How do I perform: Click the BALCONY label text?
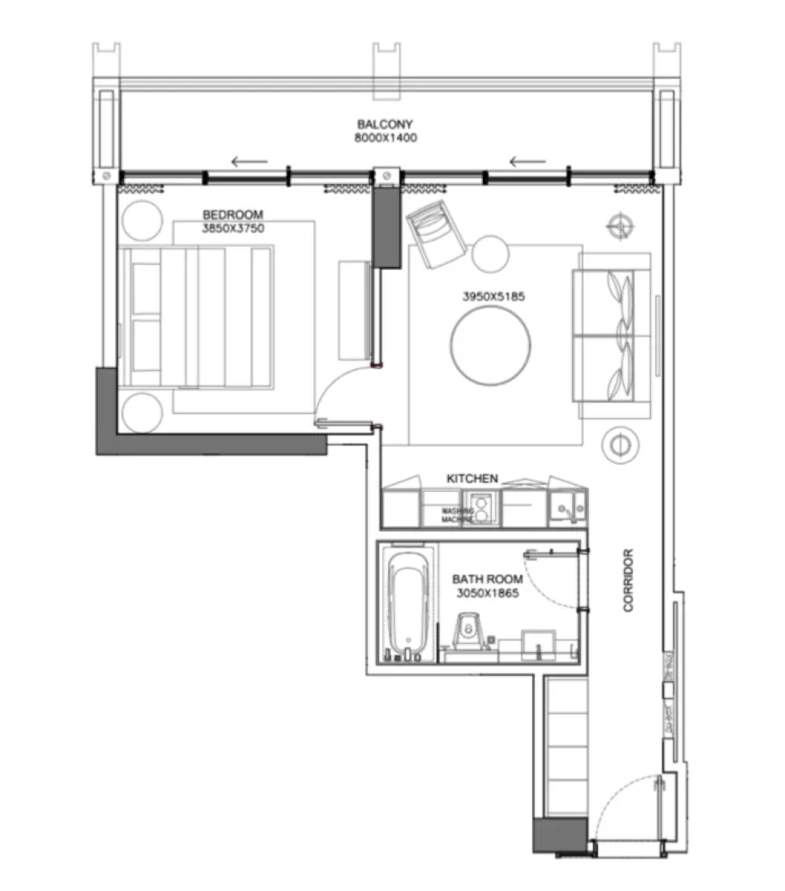(x=385, y=124)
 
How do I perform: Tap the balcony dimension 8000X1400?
(x=385, y=138)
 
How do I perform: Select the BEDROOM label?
(x=233, y=215)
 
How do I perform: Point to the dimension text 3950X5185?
(x=493, y=296)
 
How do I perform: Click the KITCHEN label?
(x=472, y=479)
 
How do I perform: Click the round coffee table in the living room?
(x=491, y=347)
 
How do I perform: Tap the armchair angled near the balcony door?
(x=435, y=233)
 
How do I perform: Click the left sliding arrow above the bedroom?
(x=250, y=161)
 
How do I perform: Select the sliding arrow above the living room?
(x=527, y=161)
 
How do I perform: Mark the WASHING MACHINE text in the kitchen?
(x=456, y=515)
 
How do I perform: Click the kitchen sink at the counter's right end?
(x=567, y=509)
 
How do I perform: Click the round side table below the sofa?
(x=620, y=445)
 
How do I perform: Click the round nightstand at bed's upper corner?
(x=143, y=220)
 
